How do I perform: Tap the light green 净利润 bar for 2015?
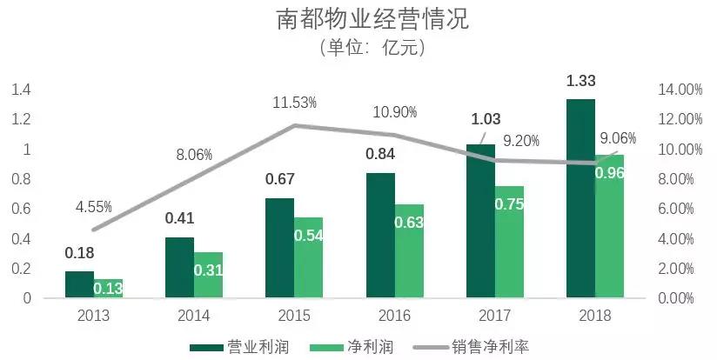pyautogui.click(x=308, y=257)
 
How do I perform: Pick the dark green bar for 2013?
pyautogui.click(x=79, y=284)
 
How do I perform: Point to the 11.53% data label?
pyautogui.click(x=294, y=103)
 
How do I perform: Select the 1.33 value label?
pyautogui.click(x=580, y=81)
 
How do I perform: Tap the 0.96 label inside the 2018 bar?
pyautogui.click(x=609, y=172)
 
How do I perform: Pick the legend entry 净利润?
pyautogui.click(x=378, y=346)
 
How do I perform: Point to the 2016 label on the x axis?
pyautogui.click(x=394, y=315)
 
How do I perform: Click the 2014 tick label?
pyautogui.click(x=193, y=315)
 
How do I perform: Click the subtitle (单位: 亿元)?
pyautogui.click(x=358, y=49)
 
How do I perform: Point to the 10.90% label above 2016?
pyautogui.click(x=395, y=112)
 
